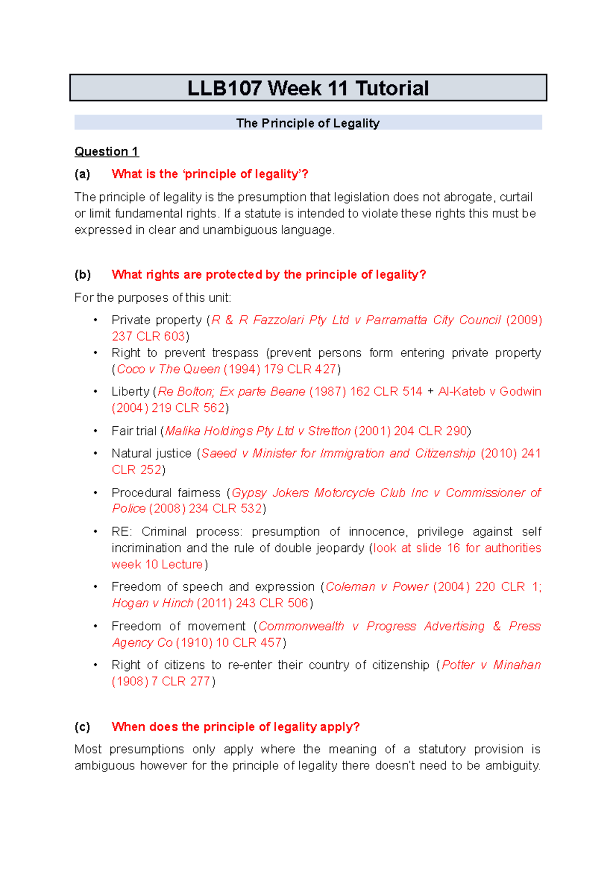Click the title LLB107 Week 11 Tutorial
(308, 88)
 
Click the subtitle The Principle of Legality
(308, 123)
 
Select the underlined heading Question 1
(106, 152)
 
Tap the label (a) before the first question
(82, 174)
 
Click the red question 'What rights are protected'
(268, 275)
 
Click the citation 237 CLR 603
(148, 336)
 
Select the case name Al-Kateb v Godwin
(489, 392)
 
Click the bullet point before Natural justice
(95, 453)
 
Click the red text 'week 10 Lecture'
(157, 565)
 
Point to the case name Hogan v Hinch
(152, 603)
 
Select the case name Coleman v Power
(377, 587)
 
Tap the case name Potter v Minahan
(491, 665)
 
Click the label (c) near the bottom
(82, 727)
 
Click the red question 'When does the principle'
(235, 727)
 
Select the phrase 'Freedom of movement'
(179, 626)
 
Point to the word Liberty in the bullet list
(130, 392)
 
